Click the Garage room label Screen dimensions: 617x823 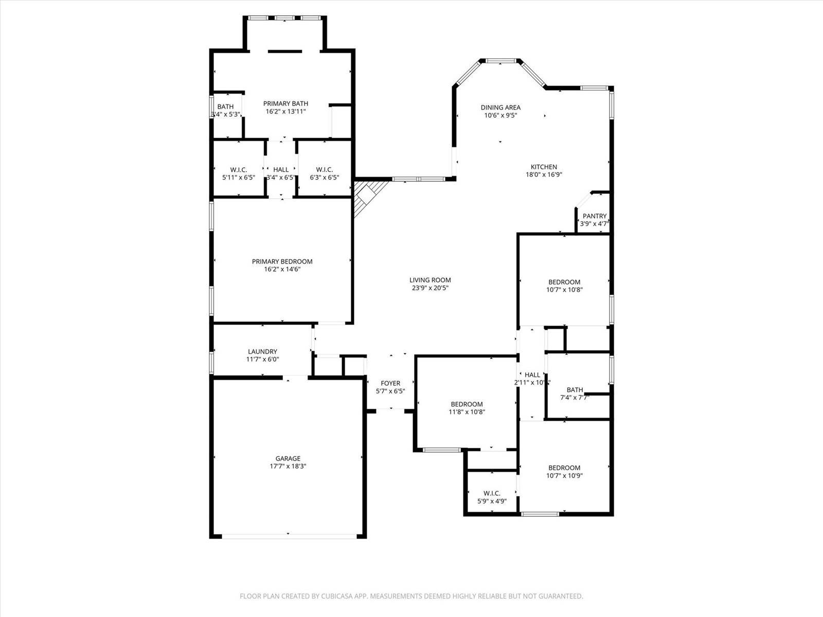[288, 458]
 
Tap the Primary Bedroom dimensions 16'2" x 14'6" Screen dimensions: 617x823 [282, 269]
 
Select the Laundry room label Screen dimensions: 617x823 [262, 352]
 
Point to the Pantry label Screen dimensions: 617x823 [595, 216]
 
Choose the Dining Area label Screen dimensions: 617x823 [500, 107]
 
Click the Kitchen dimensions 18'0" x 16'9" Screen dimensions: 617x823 [544, 175]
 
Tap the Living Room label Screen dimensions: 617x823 [430, 280]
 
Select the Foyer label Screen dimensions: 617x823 [390, 383]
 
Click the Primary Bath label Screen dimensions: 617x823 [285, 103]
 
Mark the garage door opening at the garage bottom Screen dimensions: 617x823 [288, 536]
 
